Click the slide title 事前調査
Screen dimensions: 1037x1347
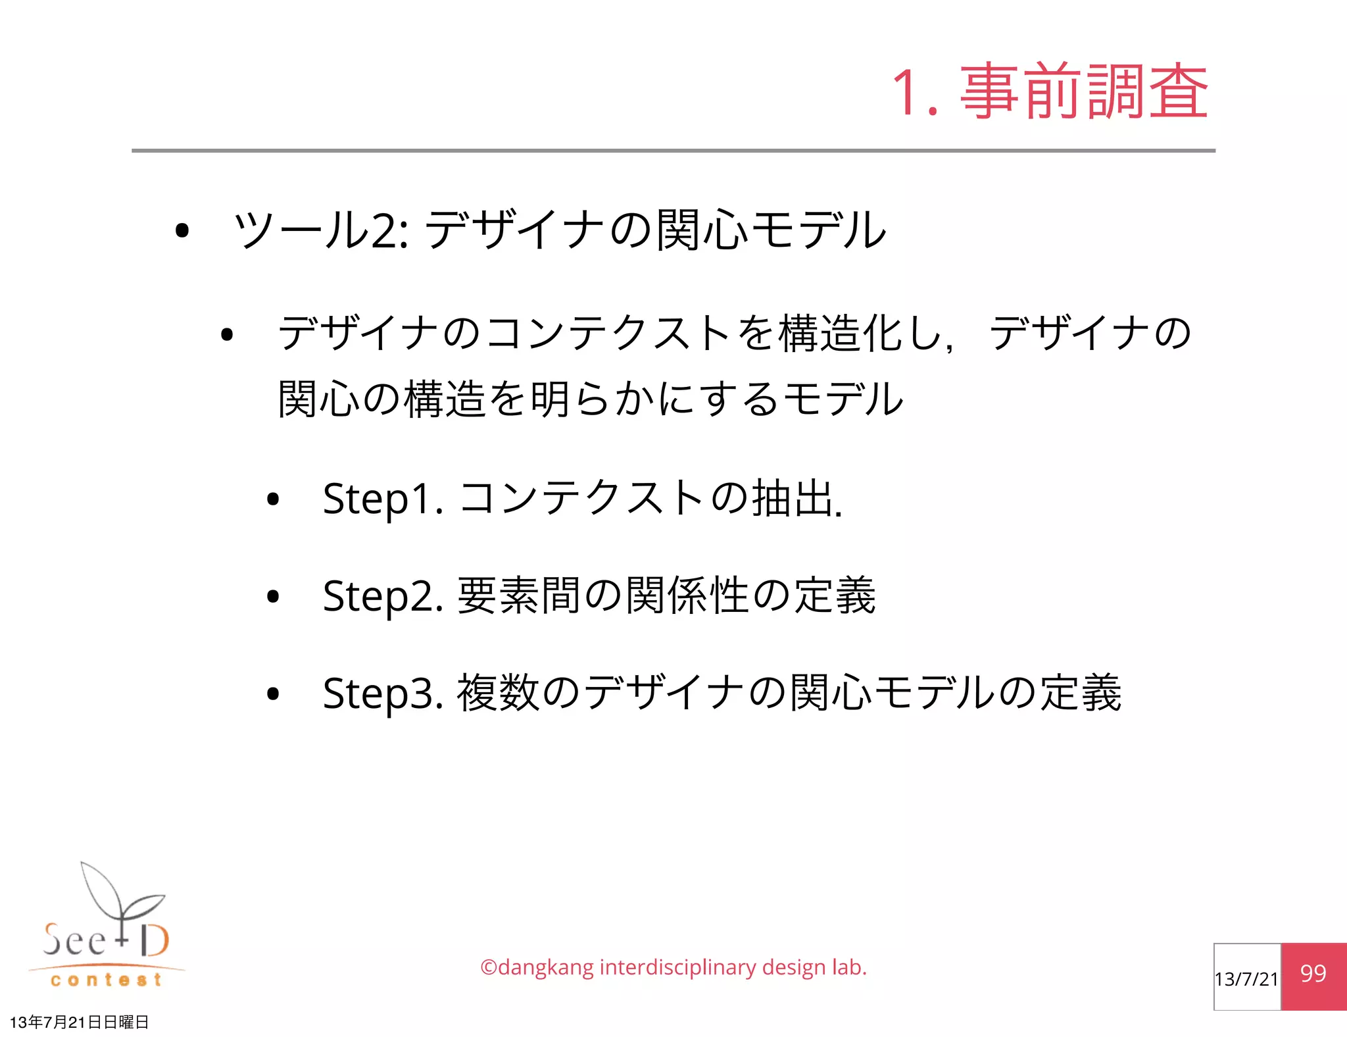pyautogui.click(x=1084, y=92)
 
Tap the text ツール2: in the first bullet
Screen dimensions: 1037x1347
pyautogui.click(x=322, y=230)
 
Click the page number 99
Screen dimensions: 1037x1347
pyautogui.click(x=1313, y=974)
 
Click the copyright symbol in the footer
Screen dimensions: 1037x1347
pyautogui.click(x=488, y=968)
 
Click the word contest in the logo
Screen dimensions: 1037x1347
pyautogui.click(x=106, y=980)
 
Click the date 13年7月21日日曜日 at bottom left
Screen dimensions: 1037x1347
pyautogui.click(x=79, y=1022)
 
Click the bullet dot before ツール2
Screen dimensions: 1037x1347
pyautogui.click(x=182, y=231)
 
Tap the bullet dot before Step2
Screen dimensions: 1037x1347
pyautogui.click(x=273, y=597)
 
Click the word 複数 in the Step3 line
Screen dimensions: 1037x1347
pyautogui.click(x=498, y=693)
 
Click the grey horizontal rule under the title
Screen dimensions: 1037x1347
pyautogui.click(x=673, y=151)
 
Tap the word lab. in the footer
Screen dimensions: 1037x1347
pyautogui.click(x=849, y=968)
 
